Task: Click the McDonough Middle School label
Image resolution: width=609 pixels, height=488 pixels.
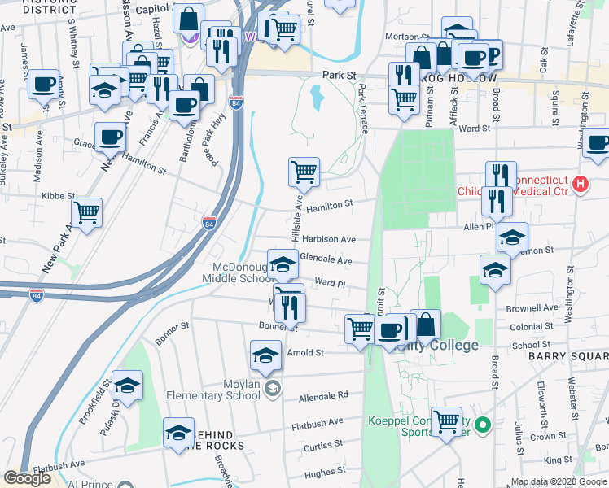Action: pyautogui.click(x=237, y=273)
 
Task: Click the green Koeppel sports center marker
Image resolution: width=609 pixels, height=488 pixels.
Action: pyautogui.click(x=482, y=425)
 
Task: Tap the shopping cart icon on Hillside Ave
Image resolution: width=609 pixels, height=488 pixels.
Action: pyautogui.click(x=304, y=172)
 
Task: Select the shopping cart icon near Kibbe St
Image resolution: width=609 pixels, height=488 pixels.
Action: pyautogui.click(x=86, y=213)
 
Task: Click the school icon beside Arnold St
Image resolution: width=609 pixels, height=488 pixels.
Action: pyautogui.click(x=265, y=356)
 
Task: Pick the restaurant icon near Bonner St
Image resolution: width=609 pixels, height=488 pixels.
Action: pyautogui.click(x=289, y=307)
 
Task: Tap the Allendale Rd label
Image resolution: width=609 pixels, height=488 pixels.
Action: pyautogui.click(x=323, y=395)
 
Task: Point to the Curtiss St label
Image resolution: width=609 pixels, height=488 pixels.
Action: pyautogui.click(x=323, y=447)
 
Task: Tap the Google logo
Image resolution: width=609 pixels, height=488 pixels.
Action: pyautogui.click(x=28, y=478)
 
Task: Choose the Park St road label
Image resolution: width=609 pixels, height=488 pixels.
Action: pyautogui.click(x=340, y=75)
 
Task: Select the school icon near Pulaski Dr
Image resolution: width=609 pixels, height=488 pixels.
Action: pyautogui.click(x=127, y=386)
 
